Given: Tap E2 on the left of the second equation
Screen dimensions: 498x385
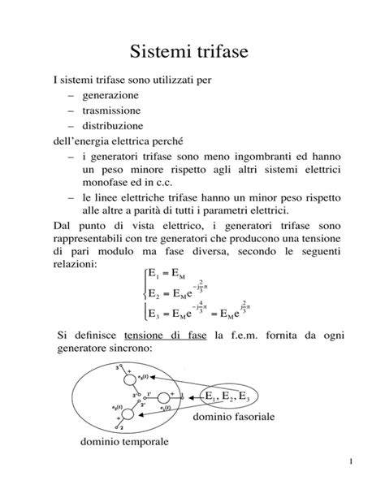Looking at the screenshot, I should coord(149,293).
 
